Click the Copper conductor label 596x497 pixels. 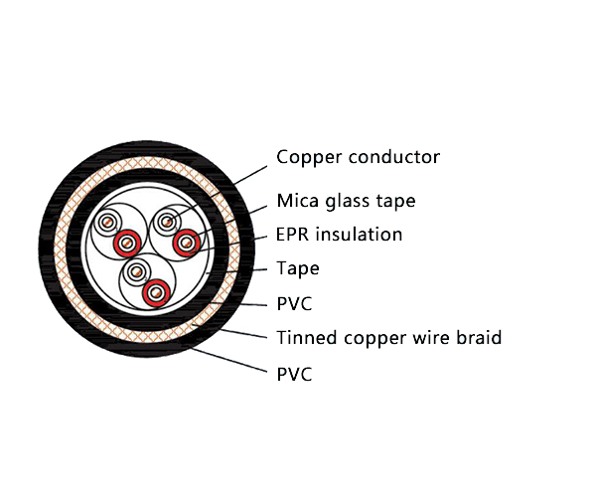point(358,157)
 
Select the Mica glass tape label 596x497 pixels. point(346,201)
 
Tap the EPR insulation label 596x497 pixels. point(340,235)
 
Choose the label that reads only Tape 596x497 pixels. point(298,268)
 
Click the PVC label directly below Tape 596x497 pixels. point(294,303)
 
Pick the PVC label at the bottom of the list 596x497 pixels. point(294,374)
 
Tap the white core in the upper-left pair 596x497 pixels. point(110,224)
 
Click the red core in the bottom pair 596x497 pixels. point(154,292)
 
